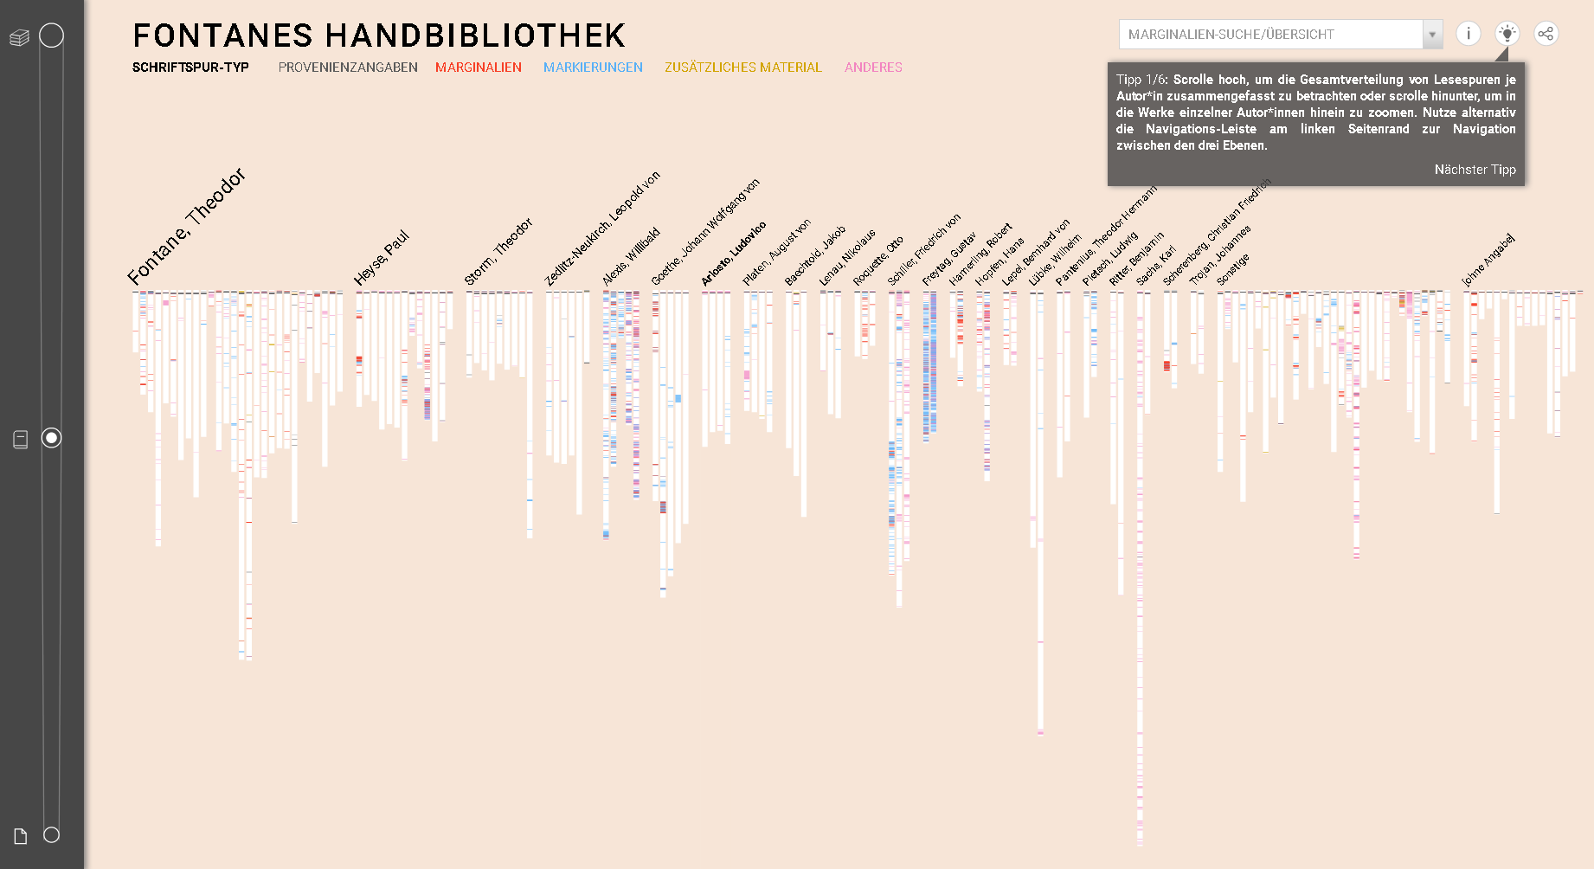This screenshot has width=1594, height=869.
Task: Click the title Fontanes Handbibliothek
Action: (379, 36)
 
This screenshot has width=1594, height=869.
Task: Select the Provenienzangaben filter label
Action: (348, 68)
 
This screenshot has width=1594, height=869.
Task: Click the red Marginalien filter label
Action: (479, 68)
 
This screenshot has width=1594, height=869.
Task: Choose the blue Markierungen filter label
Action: (593, 68)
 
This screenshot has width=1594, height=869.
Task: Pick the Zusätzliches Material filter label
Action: (743, 68)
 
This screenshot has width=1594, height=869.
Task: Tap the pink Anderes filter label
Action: (873, 68)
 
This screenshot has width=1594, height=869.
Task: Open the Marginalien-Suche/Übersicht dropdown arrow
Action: (1432, 35)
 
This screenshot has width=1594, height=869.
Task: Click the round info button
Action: (1469, 34)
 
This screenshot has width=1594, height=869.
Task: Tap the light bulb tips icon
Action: (1507, 34)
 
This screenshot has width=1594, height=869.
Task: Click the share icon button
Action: (1546, 34)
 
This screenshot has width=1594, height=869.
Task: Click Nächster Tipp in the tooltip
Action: (1475, 170)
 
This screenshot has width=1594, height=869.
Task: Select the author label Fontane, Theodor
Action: (187, 227)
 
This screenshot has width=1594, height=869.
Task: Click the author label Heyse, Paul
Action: (382, 258)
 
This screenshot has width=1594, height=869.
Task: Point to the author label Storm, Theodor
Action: (498, 252)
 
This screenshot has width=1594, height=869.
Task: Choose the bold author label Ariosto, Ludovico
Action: (734, 254)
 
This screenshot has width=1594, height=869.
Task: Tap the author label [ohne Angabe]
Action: (1488, 260)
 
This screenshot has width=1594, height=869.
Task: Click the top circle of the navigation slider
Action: (52, 35)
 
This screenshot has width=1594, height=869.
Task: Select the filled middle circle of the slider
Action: (52, 438)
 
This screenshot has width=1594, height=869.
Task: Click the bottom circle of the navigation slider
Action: (52, 835)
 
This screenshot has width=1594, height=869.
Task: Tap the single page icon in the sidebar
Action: (21, 836)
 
